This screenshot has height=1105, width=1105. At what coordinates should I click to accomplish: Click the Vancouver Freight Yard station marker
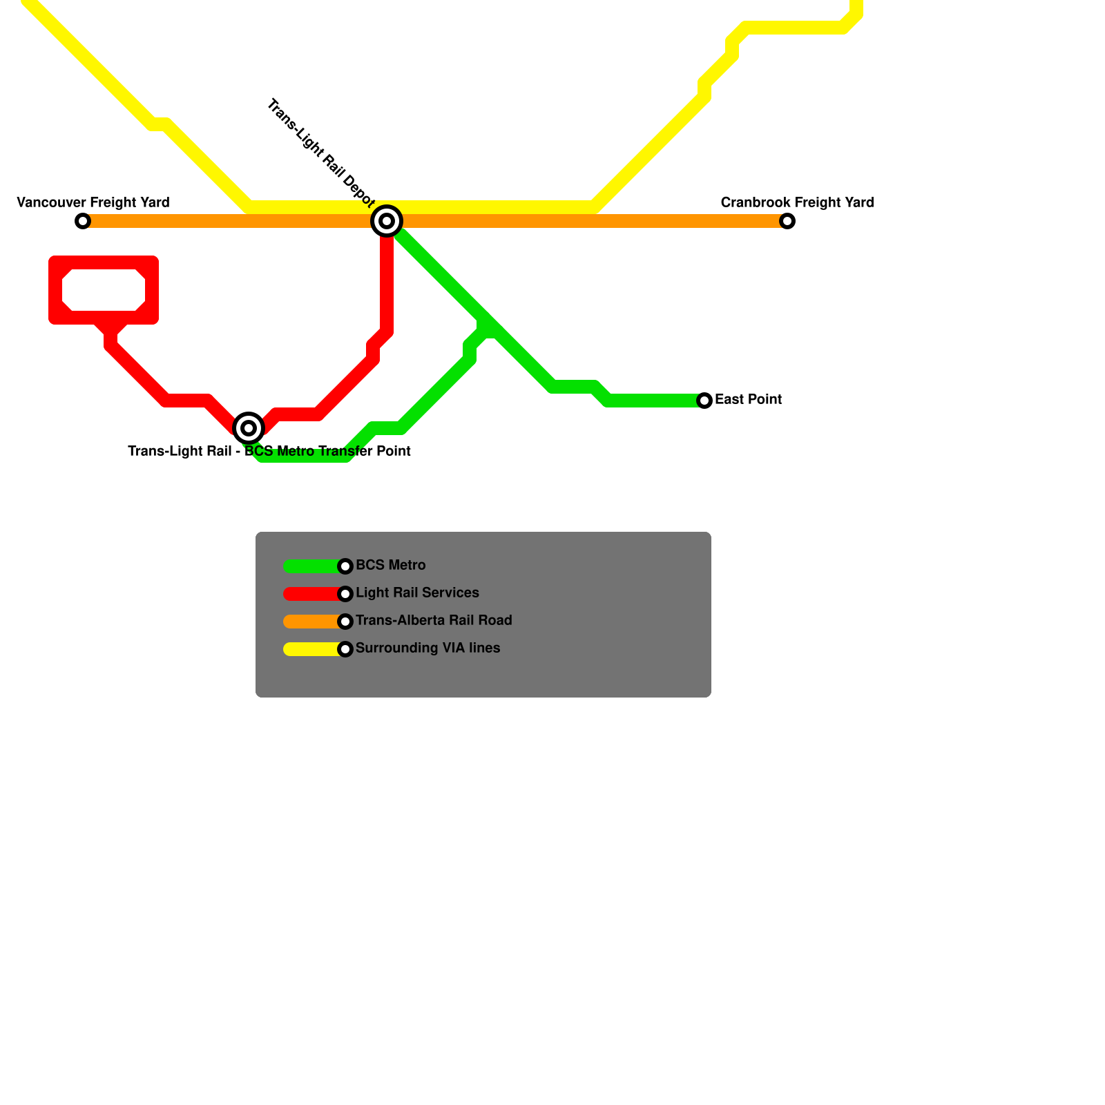(x=83, y=221)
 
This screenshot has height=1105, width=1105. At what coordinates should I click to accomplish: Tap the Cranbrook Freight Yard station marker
(x=787, y=221)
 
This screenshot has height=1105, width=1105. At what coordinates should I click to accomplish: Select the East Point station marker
(x=704, y=401)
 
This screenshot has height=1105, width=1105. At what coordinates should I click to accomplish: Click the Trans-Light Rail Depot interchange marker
(x=387, y=221)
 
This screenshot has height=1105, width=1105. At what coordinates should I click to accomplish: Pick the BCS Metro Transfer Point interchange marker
(x=249, y=428)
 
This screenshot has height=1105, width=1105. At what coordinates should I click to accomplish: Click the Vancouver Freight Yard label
(x=93, y=202)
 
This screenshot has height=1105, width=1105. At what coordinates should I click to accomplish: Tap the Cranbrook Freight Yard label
(x=797, y=202)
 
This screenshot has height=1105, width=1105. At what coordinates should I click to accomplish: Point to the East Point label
(x=748, y=399)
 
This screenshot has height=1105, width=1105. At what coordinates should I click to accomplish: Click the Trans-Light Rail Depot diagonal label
(x=320, y=153)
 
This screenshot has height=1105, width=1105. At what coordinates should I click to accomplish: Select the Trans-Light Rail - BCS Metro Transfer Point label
(x=269, y=451)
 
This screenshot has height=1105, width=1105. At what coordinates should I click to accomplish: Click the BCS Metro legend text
(x=390, y=565)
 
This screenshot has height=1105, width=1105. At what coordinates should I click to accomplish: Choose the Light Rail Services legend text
(x=417, y=593)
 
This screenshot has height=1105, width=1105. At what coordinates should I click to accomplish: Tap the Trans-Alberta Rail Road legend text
(x=434, y=620)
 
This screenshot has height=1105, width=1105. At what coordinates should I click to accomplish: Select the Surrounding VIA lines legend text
(x=427, y=648)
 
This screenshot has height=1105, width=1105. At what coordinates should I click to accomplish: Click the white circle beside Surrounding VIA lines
(x=345, y=649)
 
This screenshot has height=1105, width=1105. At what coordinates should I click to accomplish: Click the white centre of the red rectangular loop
(x=104, y=290)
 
